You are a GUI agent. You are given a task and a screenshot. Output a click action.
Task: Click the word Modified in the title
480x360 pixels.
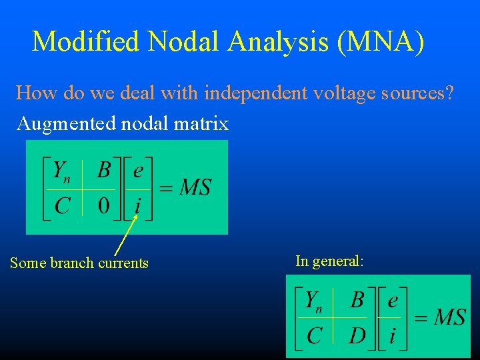click(86, 42)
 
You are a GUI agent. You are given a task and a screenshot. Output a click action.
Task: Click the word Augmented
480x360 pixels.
click(59, 124)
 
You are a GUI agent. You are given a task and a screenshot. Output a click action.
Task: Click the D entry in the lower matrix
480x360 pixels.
click(357, 335)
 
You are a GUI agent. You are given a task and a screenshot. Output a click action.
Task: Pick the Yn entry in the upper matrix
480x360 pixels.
click(61, 171)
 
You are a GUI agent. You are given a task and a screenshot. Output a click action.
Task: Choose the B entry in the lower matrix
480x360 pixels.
click(357, 301)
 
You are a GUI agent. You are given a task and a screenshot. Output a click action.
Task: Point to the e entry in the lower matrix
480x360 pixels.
click(393, 301)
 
